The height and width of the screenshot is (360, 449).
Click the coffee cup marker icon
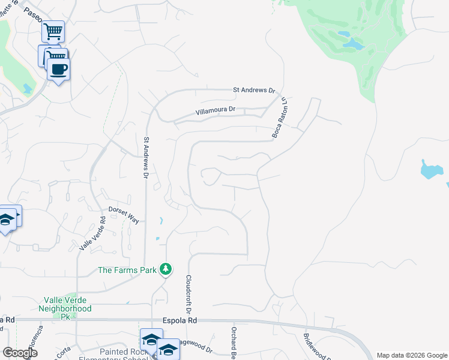point(58,69)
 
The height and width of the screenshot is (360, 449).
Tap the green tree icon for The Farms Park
point(166,270)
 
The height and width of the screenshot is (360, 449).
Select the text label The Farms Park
point(128,270)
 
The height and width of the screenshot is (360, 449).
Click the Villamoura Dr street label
point(215,111)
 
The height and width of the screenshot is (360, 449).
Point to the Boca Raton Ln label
point(280,117)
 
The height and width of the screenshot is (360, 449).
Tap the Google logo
point(20,353)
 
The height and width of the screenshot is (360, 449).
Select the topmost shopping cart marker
point(53,31)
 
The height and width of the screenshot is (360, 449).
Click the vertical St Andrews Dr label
point(145,157)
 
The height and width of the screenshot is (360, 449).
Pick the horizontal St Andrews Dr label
point(254,91)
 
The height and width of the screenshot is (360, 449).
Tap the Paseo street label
point(34,16)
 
